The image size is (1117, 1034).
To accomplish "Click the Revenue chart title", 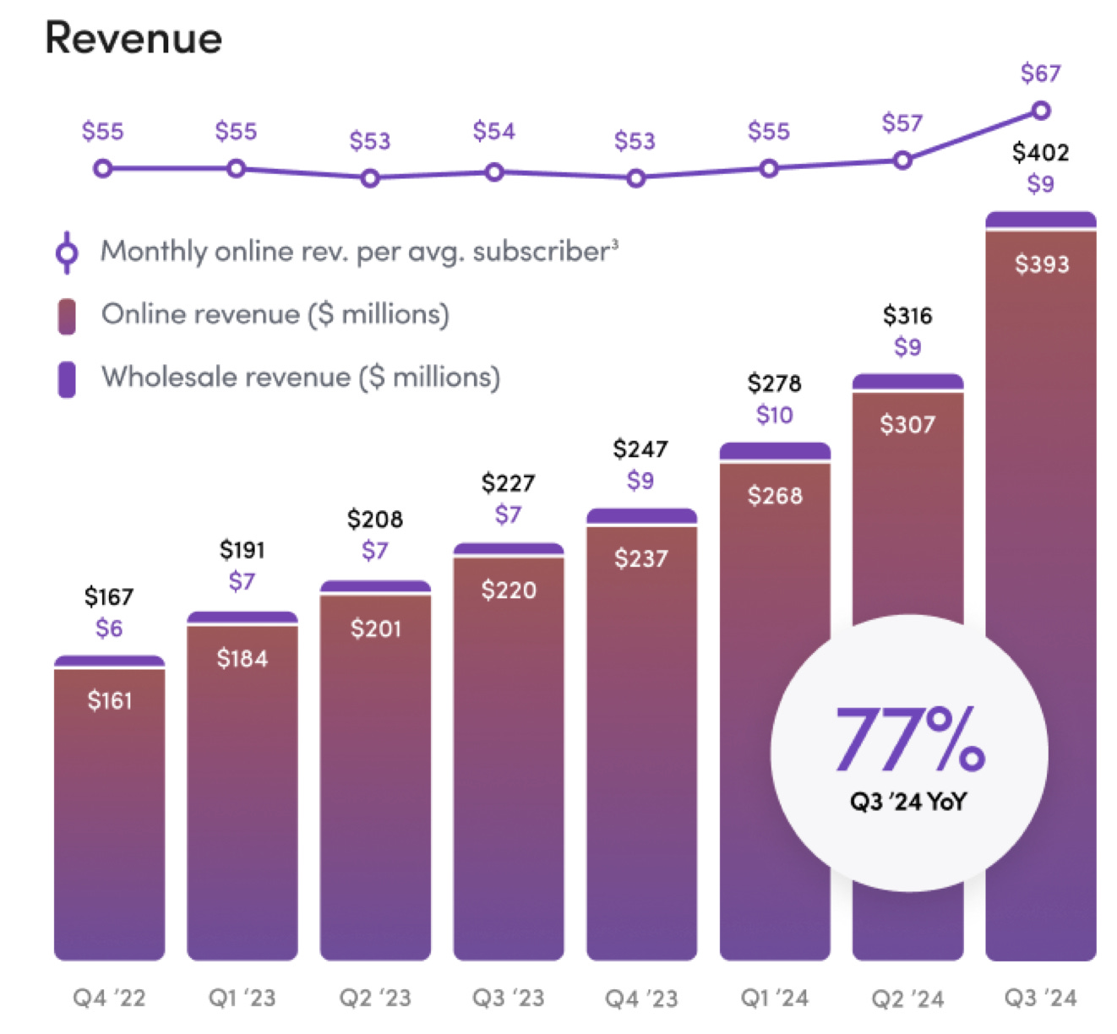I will pyautogui.click(x=133, y=39).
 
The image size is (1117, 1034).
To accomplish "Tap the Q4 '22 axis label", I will pyautogui.click(x=109, y=999).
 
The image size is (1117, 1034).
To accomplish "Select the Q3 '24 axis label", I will pyautogui.click(x=1040, y=999).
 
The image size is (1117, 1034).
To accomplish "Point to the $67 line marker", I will pyautogui.click(x=1041, y=111).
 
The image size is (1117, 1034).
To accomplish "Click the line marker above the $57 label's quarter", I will pyautogui.click(x=902, y=160).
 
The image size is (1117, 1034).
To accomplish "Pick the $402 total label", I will pyautogui.click(x=1040, y=153).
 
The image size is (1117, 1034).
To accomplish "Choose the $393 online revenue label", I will pyautogui.click(x=1041, y=264).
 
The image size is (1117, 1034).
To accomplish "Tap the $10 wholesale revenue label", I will pyautogui.click(x=774, y=415).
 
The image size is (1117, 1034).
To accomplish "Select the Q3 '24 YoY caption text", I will pyautogui.click(x=908, y=802).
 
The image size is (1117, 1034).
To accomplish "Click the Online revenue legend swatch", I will pyautogui.click(x=67, y=316).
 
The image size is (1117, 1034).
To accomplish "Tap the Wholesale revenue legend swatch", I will pyautogui.click(x=67, y=378).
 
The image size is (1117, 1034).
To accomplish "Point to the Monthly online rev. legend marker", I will pyautogui.click(x=67, y=253).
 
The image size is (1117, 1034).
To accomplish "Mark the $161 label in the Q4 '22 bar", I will pyautogui.click(x=110, y=700).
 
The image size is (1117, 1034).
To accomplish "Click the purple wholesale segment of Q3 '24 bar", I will pyautogui.click(x=1040, y=220).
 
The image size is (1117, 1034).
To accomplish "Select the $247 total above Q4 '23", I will pyautogui.click(x=640, y=449).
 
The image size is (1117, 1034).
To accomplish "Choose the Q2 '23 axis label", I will pyautogui.click(x=375, y=999).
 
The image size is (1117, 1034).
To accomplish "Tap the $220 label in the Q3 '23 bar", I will pyautogui.click(x=509, y=590).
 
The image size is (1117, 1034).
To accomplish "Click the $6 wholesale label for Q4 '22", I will pyautogui.click(x=109, y=629).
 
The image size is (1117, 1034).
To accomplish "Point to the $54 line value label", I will pyautogui.click(x=493, y=132).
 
